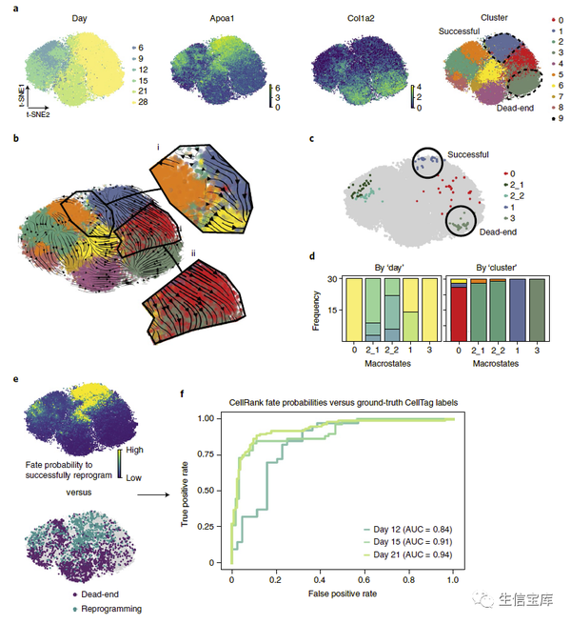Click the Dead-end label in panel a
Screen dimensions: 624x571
click(490, 109)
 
